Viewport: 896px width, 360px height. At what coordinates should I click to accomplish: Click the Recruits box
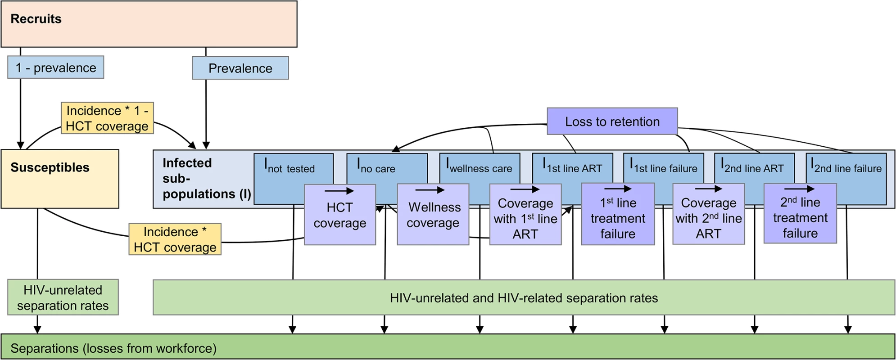tap(149, 24)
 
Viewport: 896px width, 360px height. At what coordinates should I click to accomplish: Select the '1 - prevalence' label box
tap(56, 67)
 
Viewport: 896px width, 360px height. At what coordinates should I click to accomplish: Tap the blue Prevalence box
tap(240, 68)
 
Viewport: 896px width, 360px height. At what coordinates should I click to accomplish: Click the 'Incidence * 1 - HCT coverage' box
tap(107, 118)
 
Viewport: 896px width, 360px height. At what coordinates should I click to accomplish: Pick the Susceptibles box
tap(60, 179)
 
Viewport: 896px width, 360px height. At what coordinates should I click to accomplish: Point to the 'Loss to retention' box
tap(612, 121)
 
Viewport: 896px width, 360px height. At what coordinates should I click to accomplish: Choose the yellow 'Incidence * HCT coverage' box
tap(175, 239)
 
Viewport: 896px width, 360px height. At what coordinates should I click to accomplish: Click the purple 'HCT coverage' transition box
tap(340, 215)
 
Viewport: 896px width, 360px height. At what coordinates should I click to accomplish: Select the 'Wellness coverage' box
tap(433, 215)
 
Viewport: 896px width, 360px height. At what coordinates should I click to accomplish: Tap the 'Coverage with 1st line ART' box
tap(525, 215)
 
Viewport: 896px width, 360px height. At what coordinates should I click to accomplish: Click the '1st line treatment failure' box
tap(618, 214)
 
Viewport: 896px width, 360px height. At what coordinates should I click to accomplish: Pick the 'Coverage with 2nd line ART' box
tap(709, 214)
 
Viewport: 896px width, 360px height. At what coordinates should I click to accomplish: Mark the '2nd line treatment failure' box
tap(801, 213)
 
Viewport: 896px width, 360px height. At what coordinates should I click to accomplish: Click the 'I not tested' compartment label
tap(290, 166)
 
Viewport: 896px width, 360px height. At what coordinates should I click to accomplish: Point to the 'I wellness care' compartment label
tap(479, 166)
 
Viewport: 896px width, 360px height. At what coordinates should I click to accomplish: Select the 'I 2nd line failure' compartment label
tap(846, 166)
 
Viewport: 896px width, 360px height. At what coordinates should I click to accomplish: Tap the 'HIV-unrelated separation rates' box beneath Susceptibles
tap(63, 297)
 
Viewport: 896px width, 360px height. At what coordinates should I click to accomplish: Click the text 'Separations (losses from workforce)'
tap(113, 348)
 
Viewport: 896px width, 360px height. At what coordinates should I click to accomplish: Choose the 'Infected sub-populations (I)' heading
tap(207, 178)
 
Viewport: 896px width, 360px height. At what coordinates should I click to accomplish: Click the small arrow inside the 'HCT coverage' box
tap(339, 191)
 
